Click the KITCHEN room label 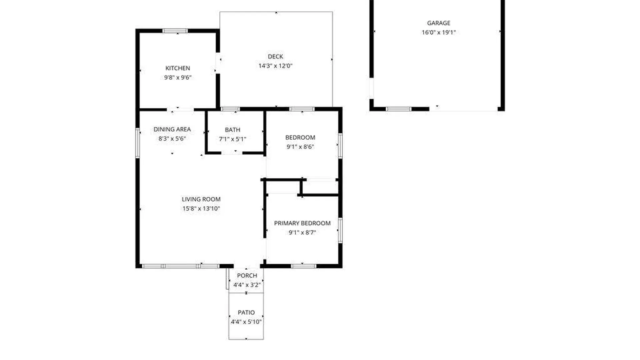(178, 68)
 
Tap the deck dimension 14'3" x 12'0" (275, 66)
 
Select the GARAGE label (439, 23)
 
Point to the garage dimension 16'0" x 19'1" (439, 32)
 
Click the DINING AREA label (172, 129)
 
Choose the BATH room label (232, 130)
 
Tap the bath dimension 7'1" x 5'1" (232, 139)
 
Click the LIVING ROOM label (201, 199)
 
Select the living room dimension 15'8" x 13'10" (201, 208)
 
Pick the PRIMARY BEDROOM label (302, 223)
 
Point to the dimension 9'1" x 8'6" (300, 147)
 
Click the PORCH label (247, 275)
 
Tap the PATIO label (246, 312)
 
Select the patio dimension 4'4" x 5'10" (246, 322)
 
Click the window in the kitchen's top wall (175, 31)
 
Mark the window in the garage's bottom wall (399, 109)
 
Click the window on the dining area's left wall (137, 143)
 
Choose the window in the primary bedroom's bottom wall (303, 266)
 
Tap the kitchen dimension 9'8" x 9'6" (178, 77)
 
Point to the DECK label (275, 56)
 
